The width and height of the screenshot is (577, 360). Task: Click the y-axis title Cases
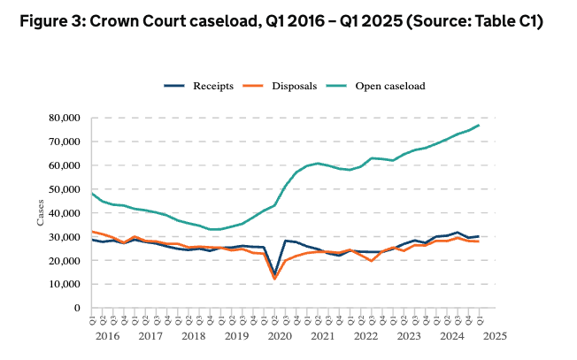pos(41,213)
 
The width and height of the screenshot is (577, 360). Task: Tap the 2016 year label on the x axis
pos(108,337)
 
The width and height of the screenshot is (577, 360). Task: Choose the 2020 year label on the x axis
pos(279,337)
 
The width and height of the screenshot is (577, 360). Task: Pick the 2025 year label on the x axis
pos(494,337)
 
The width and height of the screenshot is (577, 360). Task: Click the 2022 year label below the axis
pos(365,337)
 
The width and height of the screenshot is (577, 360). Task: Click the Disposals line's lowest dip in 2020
pos(274,279)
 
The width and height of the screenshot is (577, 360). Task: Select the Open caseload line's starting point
pos(92,193)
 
